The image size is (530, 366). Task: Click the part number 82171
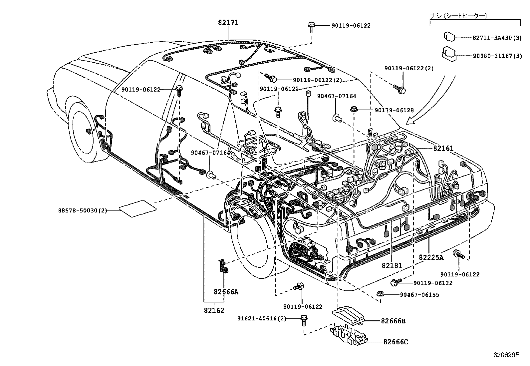click(228, 23)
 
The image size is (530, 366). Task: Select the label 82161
click(443, 148)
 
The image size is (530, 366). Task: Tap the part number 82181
click(392, 265)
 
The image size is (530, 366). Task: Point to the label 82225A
click(431, 257)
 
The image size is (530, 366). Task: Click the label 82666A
click(226, 292)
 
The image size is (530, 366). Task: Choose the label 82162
click(214, 310)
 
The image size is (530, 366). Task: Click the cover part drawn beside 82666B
click(348, 315)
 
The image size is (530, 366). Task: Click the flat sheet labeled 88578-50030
click(137, 209)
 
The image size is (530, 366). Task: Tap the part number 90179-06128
click(394, 110)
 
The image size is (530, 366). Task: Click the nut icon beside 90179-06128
click(354, 109)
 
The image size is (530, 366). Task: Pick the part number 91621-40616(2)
click(262, 318)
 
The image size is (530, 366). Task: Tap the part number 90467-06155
click(419, 295)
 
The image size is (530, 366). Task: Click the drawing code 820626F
click(506, 355)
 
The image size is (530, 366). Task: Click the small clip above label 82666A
click(223, 266)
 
